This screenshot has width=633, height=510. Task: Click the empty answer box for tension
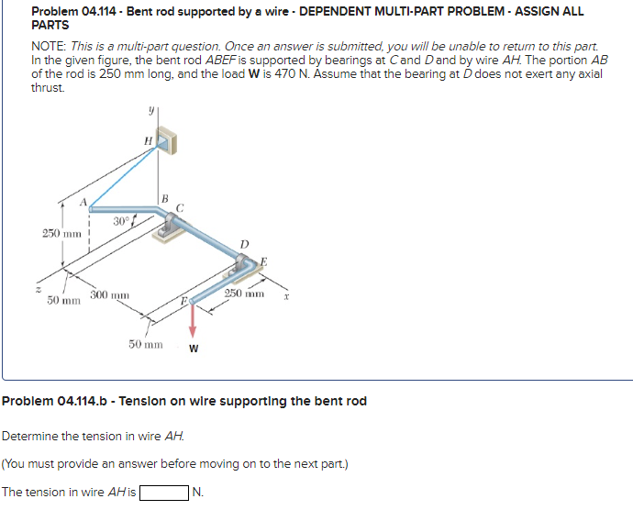pos(163,493)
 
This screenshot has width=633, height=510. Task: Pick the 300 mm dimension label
pos(110,294)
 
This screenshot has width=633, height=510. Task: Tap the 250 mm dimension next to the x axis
pos(244,294)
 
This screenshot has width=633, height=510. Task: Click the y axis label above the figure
pos(151,110)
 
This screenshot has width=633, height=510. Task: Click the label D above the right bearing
pos(243,242)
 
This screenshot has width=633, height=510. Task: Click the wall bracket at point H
pos(166,138)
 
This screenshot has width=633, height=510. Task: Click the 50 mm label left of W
pos(147,345)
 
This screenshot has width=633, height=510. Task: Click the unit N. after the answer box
pos(199,493)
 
